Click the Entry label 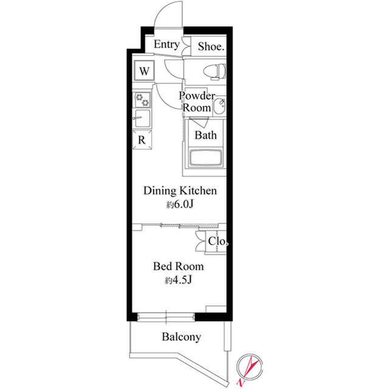tap(167, 44)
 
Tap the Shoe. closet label tap(211, 46)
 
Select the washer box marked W tap(144, 71)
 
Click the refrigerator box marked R tap(142, 140)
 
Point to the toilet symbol tap(215, 72)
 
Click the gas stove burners tap(142, 99)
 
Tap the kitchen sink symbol tap(142, 119)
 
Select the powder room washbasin tap(219, 107)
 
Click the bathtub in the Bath tap(205, 158)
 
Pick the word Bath tap(205, 135)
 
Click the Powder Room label tap(197, 102)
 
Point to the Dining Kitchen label tap(180, 191)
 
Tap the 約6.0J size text tap(180, 205)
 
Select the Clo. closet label tap(218, 241)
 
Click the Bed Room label tap(179, 266)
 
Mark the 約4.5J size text tap(179, 281)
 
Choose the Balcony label tap(181, 337)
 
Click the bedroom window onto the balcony tap(166, 317)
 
